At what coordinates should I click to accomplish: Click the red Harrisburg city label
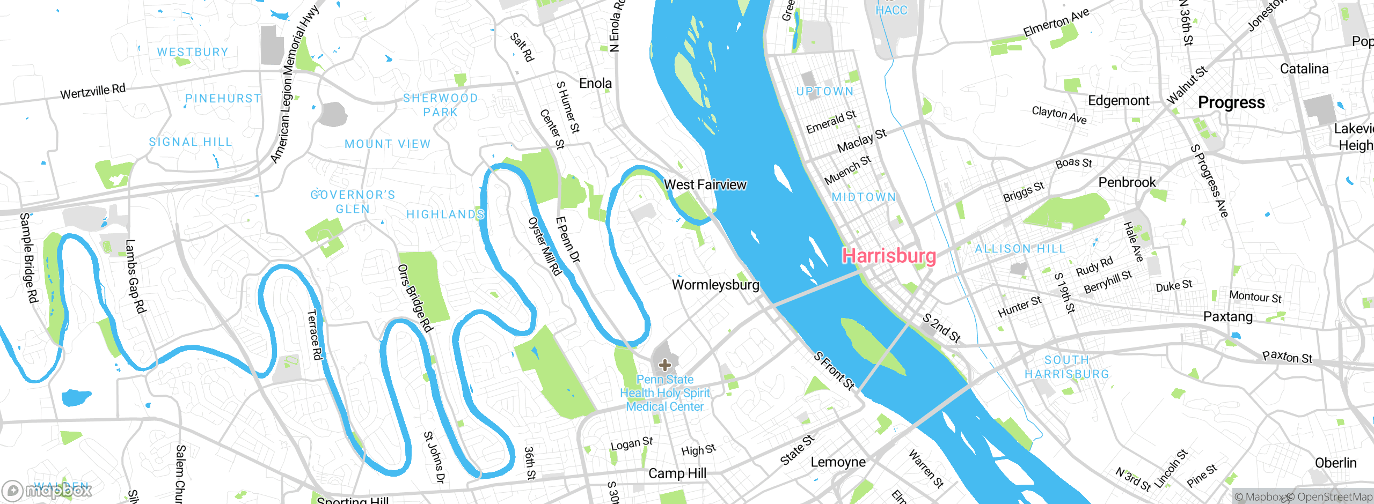coord(889,256)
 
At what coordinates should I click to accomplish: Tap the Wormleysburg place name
coord(715,285)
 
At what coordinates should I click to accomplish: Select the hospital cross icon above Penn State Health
coord(664,365)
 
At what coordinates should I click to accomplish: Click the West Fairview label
coord(705,184)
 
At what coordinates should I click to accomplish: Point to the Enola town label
coord(595,83)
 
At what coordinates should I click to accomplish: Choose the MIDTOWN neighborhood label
coord(864,197)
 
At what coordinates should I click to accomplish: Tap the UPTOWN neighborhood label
coord(825,92)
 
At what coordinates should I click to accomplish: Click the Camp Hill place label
coord(677,473)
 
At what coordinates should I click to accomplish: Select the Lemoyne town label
coord(838,462)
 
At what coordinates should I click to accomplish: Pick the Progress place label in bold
coord(1231,102)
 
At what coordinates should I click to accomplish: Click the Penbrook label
coord(1127,182)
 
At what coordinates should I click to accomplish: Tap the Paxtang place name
coord(1228,316)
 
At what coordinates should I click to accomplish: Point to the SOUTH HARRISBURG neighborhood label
coord(1067,367)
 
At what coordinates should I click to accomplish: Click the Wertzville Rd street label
coord(93,92)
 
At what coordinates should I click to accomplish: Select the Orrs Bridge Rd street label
coord(415,298)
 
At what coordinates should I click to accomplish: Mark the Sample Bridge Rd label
coord(29,257)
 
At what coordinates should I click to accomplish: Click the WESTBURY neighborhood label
coord(193,52)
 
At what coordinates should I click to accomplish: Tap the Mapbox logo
coord(47,490)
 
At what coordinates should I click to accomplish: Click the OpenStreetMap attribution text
coord(1332,497)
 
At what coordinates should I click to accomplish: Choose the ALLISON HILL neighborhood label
coord(1020,249)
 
